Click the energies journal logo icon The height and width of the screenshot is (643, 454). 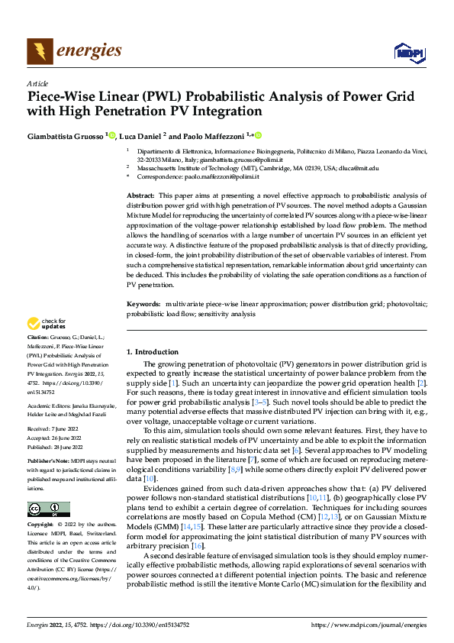pos(40,50)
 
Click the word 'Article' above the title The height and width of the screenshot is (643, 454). pos(37,83)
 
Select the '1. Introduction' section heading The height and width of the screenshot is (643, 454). pos(152,352)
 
